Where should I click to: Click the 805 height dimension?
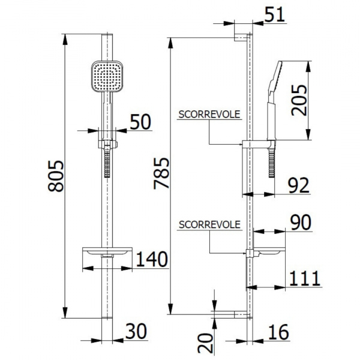[56, 176]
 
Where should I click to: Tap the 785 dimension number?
[161, 173]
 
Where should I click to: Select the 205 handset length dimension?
[299, 100]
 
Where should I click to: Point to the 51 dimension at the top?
[274, 14]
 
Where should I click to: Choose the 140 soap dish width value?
[152, 259]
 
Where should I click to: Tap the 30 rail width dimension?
[136, 331]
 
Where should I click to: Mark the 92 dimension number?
[298, 185]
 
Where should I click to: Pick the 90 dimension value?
[301, 222]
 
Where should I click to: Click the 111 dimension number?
[305, 278]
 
